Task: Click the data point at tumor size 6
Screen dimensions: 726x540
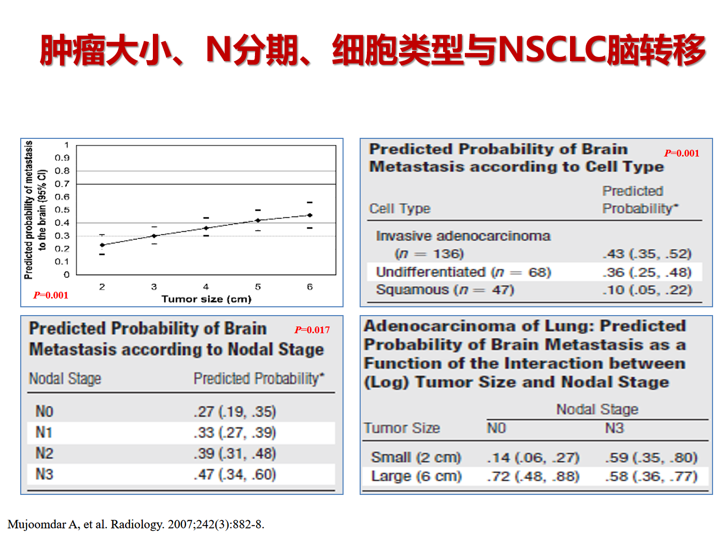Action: (310, 215)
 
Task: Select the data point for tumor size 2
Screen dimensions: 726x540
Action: (102, 245)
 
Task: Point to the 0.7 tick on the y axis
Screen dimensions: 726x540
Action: (62, 184)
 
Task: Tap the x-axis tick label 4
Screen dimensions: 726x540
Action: (206, 287)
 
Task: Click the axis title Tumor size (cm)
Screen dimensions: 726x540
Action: (207, 299)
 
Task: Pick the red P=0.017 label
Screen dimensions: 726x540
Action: (312, 330)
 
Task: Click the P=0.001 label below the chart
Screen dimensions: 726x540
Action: (51, 295)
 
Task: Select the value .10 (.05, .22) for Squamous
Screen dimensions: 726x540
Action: (647, 290)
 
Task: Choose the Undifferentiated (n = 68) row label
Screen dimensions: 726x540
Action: (463, 272)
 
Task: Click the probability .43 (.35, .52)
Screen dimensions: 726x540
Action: (647, 254)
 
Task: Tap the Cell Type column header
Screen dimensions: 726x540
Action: (400, 209)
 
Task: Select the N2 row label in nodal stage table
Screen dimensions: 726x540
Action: (44, 453)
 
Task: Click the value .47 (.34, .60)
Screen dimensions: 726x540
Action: (235, 475)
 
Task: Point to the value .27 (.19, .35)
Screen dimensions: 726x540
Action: (235, 411)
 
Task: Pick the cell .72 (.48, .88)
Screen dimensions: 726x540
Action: (533, 476)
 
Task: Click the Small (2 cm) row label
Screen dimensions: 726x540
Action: (416, 458)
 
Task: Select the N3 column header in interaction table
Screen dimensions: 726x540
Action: (615, 428)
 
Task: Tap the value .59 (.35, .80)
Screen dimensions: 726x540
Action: (651, 458)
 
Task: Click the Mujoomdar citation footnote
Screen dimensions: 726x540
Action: (136, 524)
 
